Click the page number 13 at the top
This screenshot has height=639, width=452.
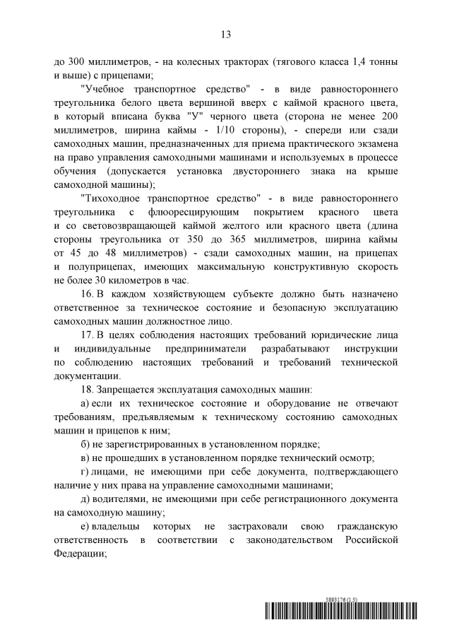[x=226, y=34]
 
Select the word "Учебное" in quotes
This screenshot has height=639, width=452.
[x=105, y=90]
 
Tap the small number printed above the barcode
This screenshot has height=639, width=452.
[x=342, y=599]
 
